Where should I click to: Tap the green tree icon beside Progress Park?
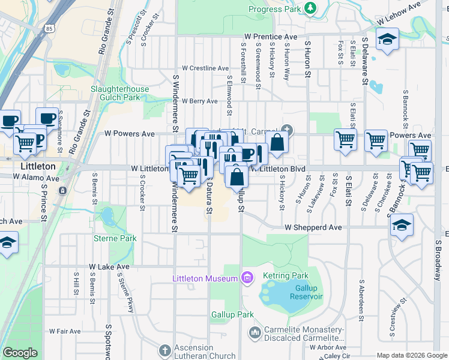click(x=310, y=8)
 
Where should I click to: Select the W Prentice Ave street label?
click(x=270, y=37)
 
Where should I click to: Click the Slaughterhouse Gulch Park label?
click(x=119, y=93)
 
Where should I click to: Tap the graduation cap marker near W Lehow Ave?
click(x=387, y=40)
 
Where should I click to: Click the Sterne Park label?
click(x=115, y=238)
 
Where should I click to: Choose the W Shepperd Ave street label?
click(x=313, y=228)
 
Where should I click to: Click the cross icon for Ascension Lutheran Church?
click(x=165, y=349)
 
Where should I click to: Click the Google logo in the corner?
click(x=20, y=353)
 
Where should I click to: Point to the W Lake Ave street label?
click(x=109, y=266)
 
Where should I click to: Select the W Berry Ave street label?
click(x=199, y=101)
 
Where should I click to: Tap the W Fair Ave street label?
click(x=65, y=331)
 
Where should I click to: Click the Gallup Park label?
click(x=232, y=314)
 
